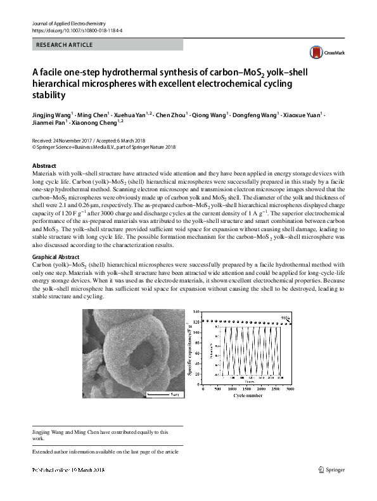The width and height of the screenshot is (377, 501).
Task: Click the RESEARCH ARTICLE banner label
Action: pos(65,44)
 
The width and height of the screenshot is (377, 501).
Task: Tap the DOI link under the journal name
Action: pos(77,30)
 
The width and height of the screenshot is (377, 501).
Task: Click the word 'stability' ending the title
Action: pos(48,96)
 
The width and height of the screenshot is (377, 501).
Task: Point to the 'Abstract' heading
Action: pos(44,166)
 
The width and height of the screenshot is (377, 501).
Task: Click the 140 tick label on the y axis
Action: pos(197,312)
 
